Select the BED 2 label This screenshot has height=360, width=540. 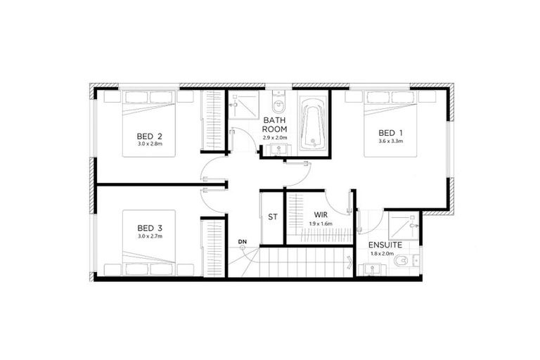point(150,136)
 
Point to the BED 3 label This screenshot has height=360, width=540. point(150,227)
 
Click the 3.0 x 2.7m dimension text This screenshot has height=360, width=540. point(150,236)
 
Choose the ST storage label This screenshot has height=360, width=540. point(272,217)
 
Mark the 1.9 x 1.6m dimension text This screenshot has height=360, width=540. point(320,224)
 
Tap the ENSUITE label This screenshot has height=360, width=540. point(385,246)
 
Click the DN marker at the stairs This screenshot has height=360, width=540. point(242,242)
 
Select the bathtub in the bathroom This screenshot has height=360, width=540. point(313,125)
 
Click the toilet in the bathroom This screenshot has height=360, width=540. point(278,104)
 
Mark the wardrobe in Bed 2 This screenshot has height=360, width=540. point(212,120)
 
